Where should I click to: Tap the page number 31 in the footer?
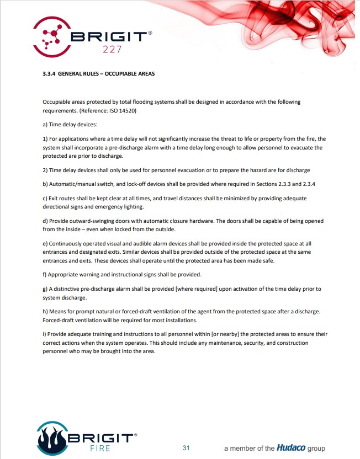186,447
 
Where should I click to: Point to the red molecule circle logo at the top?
53,36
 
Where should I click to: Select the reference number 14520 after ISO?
127,110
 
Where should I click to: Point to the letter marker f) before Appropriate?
45,274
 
